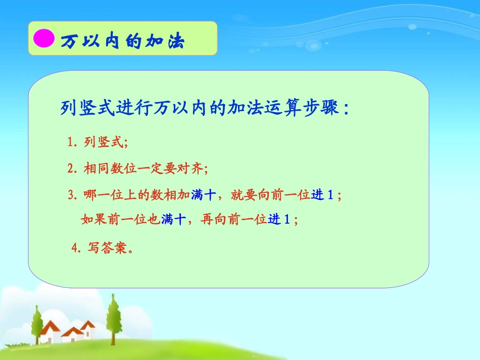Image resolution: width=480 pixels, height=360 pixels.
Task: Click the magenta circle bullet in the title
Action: (43, 38)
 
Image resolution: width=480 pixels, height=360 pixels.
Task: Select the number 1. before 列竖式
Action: (72, 143)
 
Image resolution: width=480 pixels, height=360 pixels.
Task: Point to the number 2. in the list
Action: (72, 169)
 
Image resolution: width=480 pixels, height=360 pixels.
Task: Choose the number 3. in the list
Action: (72, 195)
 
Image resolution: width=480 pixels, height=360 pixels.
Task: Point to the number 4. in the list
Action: (76, 248)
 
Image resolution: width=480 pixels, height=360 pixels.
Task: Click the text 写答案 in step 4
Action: (108, 248)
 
